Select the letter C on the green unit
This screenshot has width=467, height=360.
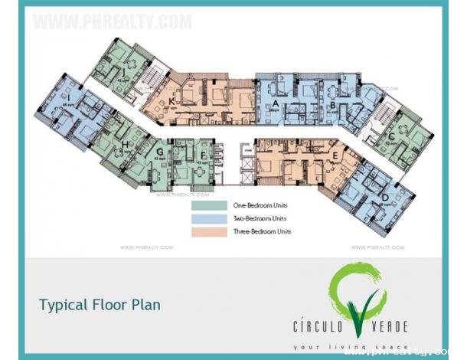[391, 137]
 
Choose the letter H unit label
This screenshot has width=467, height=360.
[124, 144]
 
